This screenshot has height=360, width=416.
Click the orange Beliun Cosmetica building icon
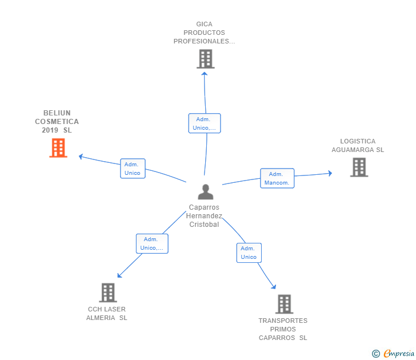(x=58, y=148)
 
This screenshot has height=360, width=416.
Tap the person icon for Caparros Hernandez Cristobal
(x=205, y=192)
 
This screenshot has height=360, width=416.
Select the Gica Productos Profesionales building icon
(x=205, y=59)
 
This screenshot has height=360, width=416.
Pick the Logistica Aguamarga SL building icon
(x=359, y=167)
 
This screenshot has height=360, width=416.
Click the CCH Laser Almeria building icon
(x=107, y=293)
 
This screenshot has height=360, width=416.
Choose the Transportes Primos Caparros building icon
(x=284, y=304)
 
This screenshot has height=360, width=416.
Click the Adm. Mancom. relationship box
(x=277, y=178)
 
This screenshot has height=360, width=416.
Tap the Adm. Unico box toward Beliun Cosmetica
(x=133, y=169)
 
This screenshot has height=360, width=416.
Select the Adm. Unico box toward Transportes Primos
(x=249, y=253)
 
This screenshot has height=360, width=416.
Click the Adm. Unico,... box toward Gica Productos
(x=204, y=123)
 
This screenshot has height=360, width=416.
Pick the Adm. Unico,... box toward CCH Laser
(x=152, y=243)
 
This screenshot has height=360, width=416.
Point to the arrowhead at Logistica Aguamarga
(x=329, y=173)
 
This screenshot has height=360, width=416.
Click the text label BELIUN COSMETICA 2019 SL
(x=57, y=122)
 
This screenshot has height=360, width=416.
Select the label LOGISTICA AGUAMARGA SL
(x=358, y=146)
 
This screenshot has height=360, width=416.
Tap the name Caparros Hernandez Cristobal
(x=204, y=216)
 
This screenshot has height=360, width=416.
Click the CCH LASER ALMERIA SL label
(x=107, y=314)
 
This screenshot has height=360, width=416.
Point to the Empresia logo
(x=399, y=354)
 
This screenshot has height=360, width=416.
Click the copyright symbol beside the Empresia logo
(x=376, y=354)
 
